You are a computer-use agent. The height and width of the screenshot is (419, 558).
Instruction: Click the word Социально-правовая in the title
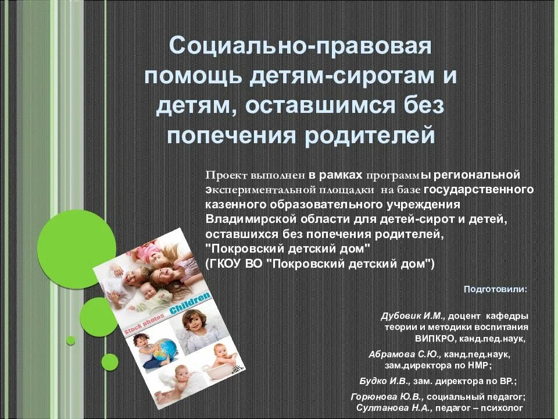pos(300,46)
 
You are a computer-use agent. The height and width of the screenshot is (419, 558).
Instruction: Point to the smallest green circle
pos(71,340)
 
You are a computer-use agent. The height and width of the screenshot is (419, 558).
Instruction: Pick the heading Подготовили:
pos(496,289)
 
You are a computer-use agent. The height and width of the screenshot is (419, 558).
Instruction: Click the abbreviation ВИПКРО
pos(434,338)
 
